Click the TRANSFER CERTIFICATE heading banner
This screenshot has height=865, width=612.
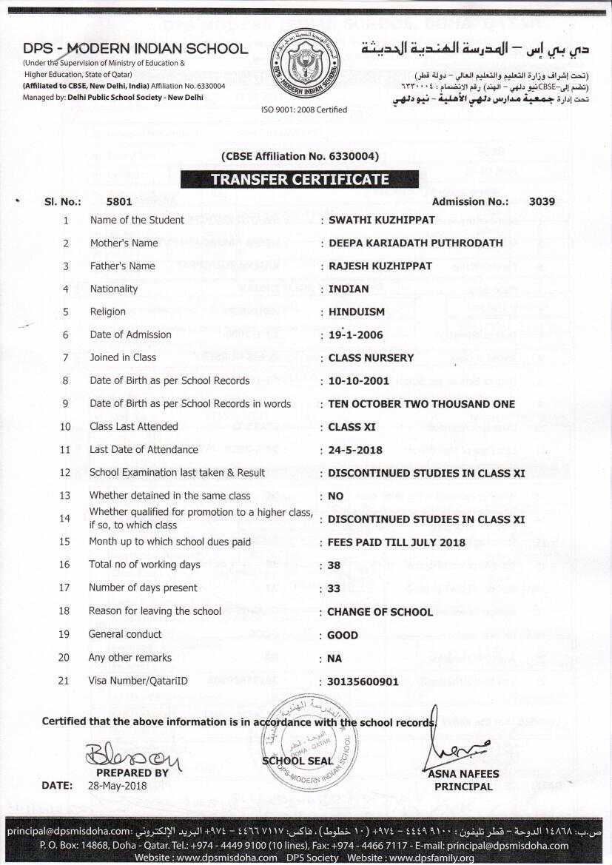[x=300, y=179]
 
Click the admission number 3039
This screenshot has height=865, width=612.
[x=542, y=201]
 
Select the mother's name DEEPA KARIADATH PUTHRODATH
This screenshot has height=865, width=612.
[x=415, y=243]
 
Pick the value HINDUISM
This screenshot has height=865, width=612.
[x=357, y=312]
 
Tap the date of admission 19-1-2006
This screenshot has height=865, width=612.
[x=356, y=334]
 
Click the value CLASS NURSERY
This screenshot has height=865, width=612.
[x=371, y=357]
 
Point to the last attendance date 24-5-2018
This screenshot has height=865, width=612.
[x=356, y=450]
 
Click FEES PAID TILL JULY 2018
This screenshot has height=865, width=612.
[x=397, y=542]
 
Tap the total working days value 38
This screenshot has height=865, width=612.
[x=334, y=565]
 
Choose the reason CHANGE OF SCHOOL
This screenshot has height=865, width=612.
[x=380, y=612]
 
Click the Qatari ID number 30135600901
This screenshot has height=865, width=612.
[x=363, y=681]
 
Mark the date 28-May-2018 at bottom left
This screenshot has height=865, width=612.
[x=118, y=785]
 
